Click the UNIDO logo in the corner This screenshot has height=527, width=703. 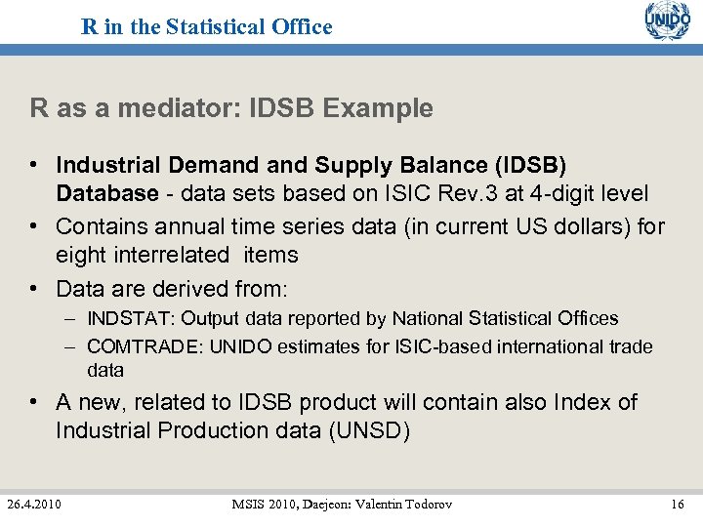(667, 21)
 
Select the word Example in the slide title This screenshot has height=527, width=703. (386, 108)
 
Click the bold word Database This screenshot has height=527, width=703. (106, 193)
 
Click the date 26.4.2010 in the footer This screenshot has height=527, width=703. (34, 504)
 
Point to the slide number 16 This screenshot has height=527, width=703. (678, 504)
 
